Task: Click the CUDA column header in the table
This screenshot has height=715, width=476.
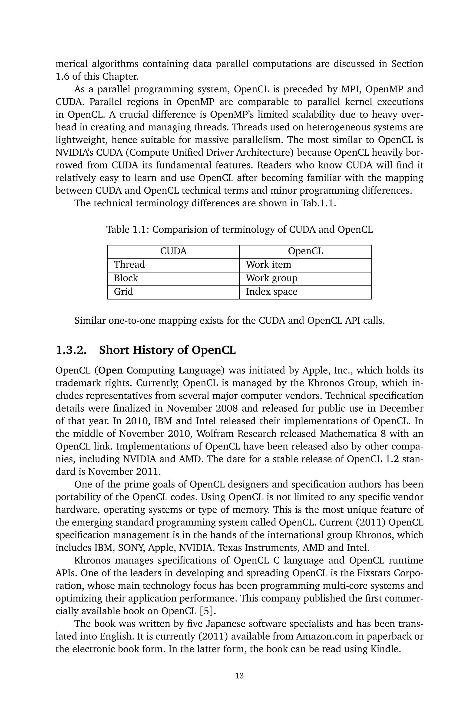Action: [x=173, y=251]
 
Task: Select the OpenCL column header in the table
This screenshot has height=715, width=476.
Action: [x=305, y=251]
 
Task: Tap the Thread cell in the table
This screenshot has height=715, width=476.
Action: [x=129, y=265]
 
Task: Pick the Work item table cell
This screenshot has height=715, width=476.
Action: [x=268, y=265]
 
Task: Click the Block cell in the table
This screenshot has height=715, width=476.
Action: [x=126, y=278]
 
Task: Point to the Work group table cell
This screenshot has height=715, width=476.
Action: [x=271, y=278]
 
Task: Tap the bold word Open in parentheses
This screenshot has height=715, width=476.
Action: [x=111, y=370]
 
